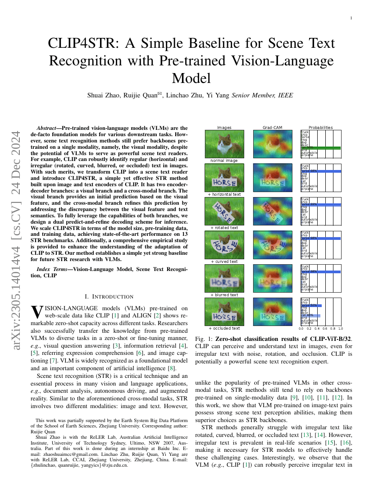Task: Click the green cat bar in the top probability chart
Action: pos(320,147)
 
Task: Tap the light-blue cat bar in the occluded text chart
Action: pos(310,315)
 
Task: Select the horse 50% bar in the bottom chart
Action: pos(311,305)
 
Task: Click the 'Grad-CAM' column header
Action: pos(273,128)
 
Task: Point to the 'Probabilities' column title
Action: pos(320,128)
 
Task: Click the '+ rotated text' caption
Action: pos(224,228)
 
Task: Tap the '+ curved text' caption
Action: pos(224,262)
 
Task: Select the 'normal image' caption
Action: pos(224,161)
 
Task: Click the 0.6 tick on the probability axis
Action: pos(324,329)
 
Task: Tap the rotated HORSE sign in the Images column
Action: pos(224,211)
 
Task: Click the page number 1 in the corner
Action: pos(351,18)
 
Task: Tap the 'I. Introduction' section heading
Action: pos(109,296)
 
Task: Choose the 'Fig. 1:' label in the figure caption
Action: pos(204,339)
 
